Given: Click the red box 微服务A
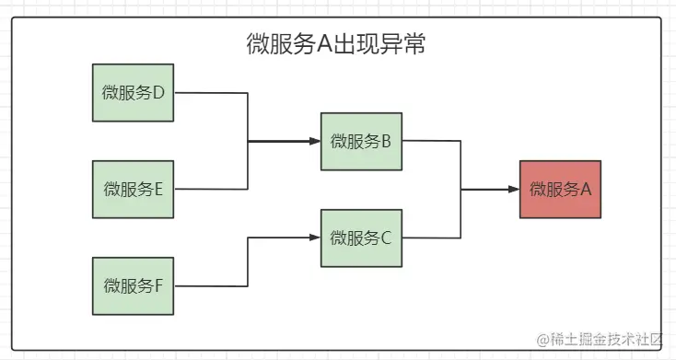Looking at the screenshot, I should click(x=560, y=190).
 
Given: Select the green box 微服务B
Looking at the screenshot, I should click(x=361, y=142).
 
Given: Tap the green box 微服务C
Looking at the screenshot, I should click(x=361, y=238).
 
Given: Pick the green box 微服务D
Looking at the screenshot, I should click(x=133, y=93).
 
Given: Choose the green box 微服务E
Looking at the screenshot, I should click(x=133, y=190).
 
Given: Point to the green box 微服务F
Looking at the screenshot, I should click(x=133, y=285).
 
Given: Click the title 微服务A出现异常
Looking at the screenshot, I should click(x=336, y=45).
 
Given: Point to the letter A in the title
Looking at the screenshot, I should click(x=323, y=45).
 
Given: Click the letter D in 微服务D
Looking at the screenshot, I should click(x=157, y=93).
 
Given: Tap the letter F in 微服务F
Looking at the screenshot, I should click(x=157, y=285).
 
